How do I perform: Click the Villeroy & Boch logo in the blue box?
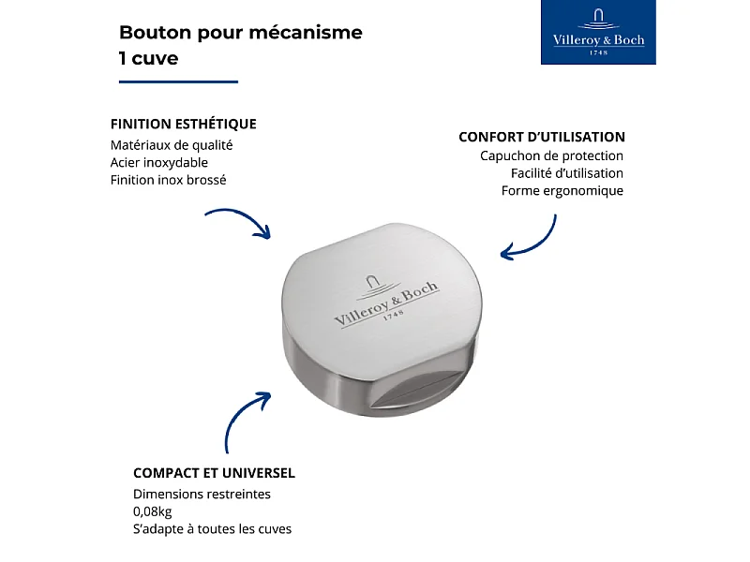click(598, 33)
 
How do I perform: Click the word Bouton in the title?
click(153, 33)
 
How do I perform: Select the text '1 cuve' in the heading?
click(148, 58)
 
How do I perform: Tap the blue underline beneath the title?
click(178, 81)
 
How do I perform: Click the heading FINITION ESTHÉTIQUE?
click(183, 124)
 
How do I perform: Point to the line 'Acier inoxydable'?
click(158, 162)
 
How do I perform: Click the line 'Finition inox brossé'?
click(168, 180)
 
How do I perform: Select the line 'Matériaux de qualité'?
click(171, 145)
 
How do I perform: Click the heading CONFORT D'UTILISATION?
click(541, 137)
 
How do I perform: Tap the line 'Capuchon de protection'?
click(551, 156)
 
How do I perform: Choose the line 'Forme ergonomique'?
click(562, 191)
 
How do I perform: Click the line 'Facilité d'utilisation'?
click(566, 173)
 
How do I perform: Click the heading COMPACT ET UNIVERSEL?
click(214, 473)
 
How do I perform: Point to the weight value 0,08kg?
click(152, 511)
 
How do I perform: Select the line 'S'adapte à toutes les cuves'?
click(212, 529)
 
